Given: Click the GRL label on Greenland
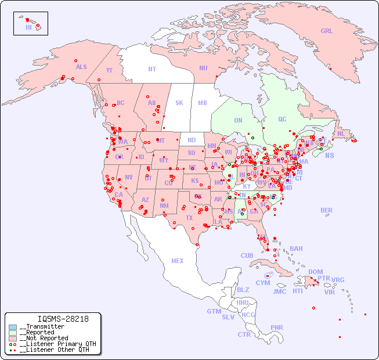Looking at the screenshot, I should (327, 31).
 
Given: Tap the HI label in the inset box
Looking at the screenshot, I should (28, 27).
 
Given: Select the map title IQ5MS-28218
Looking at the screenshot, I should (63, 319).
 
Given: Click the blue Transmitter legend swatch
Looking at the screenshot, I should (13, 327).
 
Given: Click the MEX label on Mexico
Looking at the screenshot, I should (178, 261).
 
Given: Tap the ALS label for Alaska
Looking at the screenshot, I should (81, 67).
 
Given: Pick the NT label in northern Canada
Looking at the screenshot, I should (152, 69).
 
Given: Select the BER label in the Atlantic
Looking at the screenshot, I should (327, 210).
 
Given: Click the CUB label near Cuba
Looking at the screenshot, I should (247, 255).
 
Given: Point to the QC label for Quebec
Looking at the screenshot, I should (282, 119).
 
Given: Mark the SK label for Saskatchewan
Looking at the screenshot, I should (179, 103).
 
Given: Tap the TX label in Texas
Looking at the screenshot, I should (189, 218).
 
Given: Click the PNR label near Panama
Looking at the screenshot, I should (277, 327).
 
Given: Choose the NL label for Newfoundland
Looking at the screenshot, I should (341, 134).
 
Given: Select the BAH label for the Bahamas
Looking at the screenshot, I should (296, 249).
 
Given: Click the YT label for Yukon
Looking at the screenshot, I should (109, 70).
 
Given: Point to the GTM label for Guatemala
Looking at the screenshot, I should (214, 311).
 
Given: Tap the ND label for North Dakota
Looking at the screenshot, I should (192, 140).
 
